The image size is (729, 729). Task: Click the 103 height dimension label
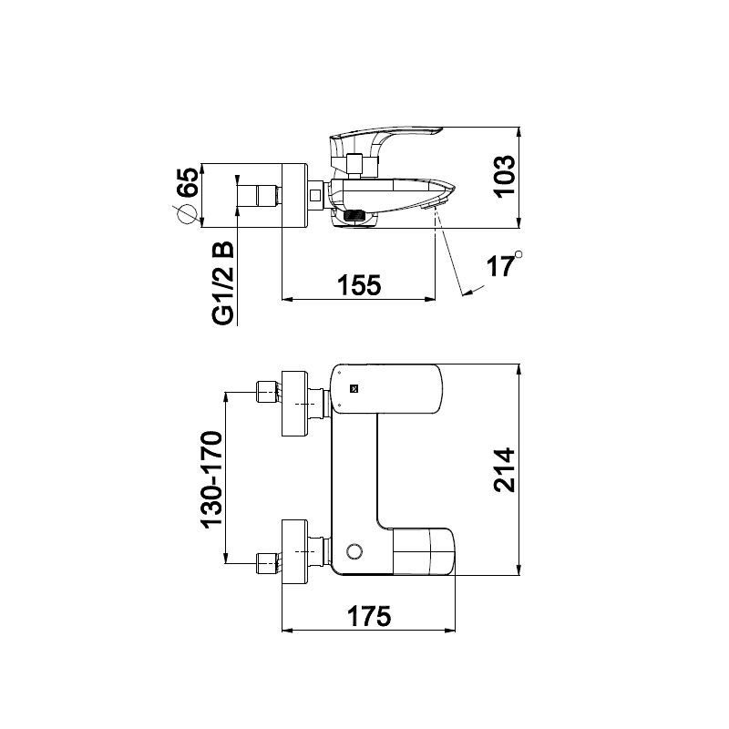point(505,177)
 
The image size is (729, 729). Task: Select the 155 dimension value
point(359,285)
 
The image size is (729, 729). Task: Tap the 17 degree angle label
point(504,265)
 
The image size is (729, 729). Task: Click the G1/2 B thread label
point(223,282)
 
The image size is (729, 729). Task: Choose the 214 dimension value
point(505,470)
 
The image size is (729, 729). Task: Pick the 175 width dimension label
point(370,617)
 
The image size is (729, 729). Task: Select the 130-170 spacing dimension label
point(212,479)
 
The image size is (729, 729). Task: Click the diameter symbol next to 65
point(184,215)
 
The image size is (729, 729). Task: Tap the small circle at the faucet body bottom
point(354,551)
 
